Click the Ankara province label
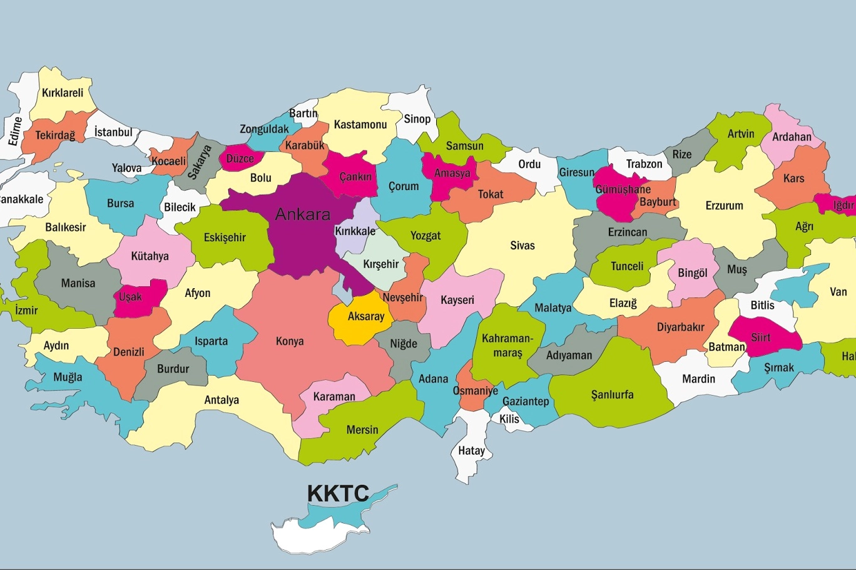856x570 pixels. click(x=303, y=214)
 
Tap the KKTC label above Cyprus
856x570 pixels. click(x=338, y=493)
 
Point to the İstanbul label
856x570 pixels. click(x=113, y=132)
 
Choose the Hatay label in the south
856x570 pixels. click(x=471, y=451)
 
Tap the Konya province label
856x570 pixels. click(x=290, y=341)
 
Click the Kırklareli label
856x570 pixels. click(x=63, y=93)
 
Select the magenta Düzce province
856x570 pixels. click(x=240, y=159)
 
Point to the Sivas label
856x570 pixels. click(x=522, y=246)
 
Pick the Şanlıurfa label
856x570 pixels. click(x=612, y=395)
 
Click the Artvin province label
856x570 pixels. click(x=741, y=134)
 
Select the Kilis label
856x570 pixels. click(x=509, y=419)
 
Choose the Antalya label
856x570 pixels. click(x=222, y=400)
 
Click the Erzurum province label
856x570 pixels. click(x=724, y=206)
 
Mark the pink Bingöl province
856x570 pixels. click(x=692, y=273)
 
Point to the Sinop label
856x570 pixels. click(x=417, y=119)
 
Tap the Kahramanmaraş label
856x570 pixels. click(x=507, y=346)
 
